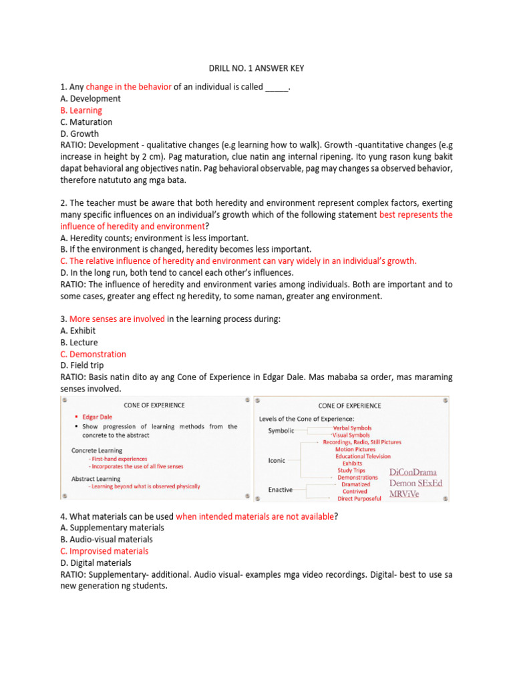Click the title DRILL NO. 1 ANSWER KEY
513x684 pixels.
pyautogui.click(x=256, y=68)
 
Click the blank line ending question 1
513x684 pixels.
pyautogui.click(x=277, y=88)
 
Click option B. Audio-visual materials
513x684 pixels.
pyautogui.click(x=106, y=539)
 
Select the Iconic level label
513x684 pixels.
pyautogui.click(x=277, y=460)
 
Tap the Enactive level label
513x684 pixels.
pyautogui.click(x=280, y=490)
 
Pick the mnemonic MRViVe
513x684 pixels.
pyautogui.click(x=409, y=495)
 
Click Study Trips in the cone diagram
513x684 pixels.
pyautogui.click(x=352, y=470)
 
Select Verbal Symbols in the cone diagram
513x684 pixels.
pyautogui.click(x=352, y=427)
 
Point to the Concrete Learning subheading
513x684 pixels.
pyautogui.click(x=97, y=450)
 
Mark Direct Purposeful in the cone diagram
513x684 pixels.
pyautogui.click(x=359, y=498)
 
